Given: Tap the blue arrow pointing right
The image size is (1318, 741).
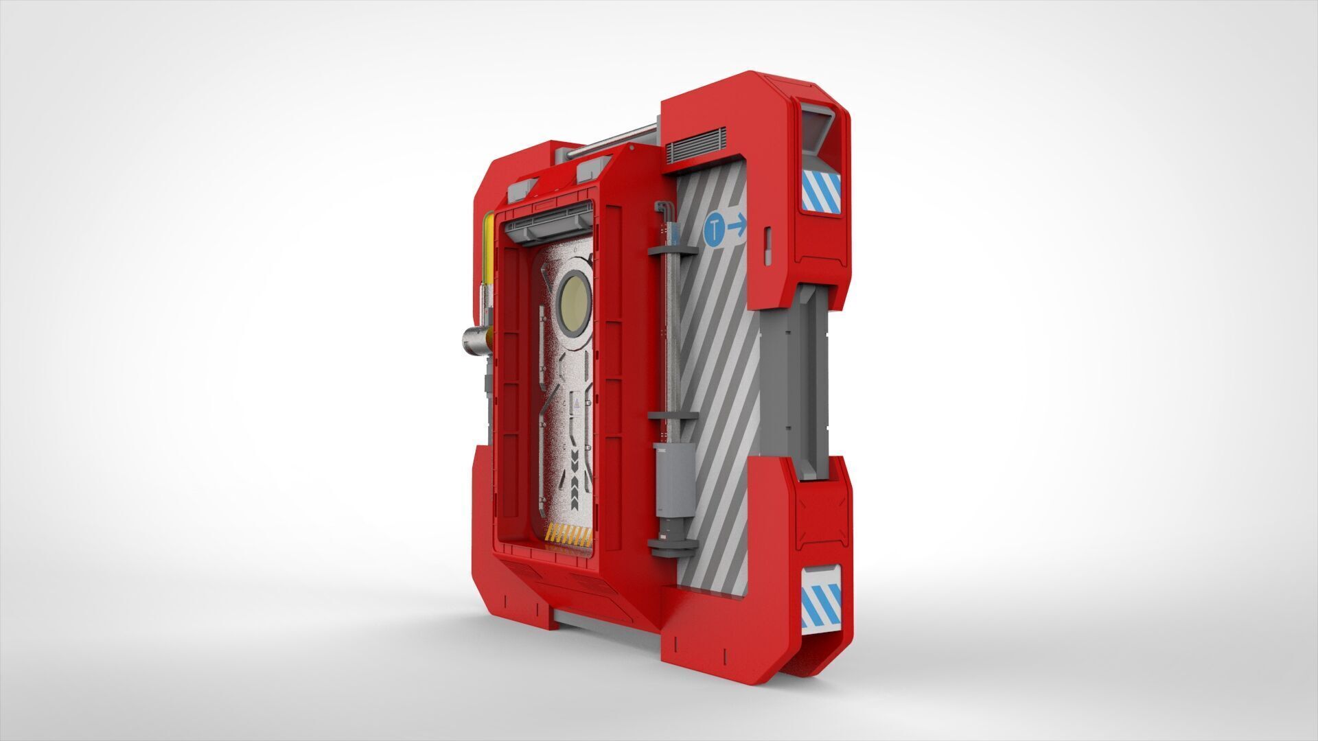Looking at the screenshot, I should coord(737,226).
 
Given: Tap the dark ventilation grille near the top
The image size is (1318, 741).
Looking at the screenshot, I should coord(691,145).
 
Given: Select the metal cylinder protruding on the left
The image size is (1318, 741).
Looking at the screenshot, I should coord(474,340).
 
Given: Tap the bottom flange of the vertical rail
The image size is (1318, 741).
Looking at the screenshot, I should coord(672,546).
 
